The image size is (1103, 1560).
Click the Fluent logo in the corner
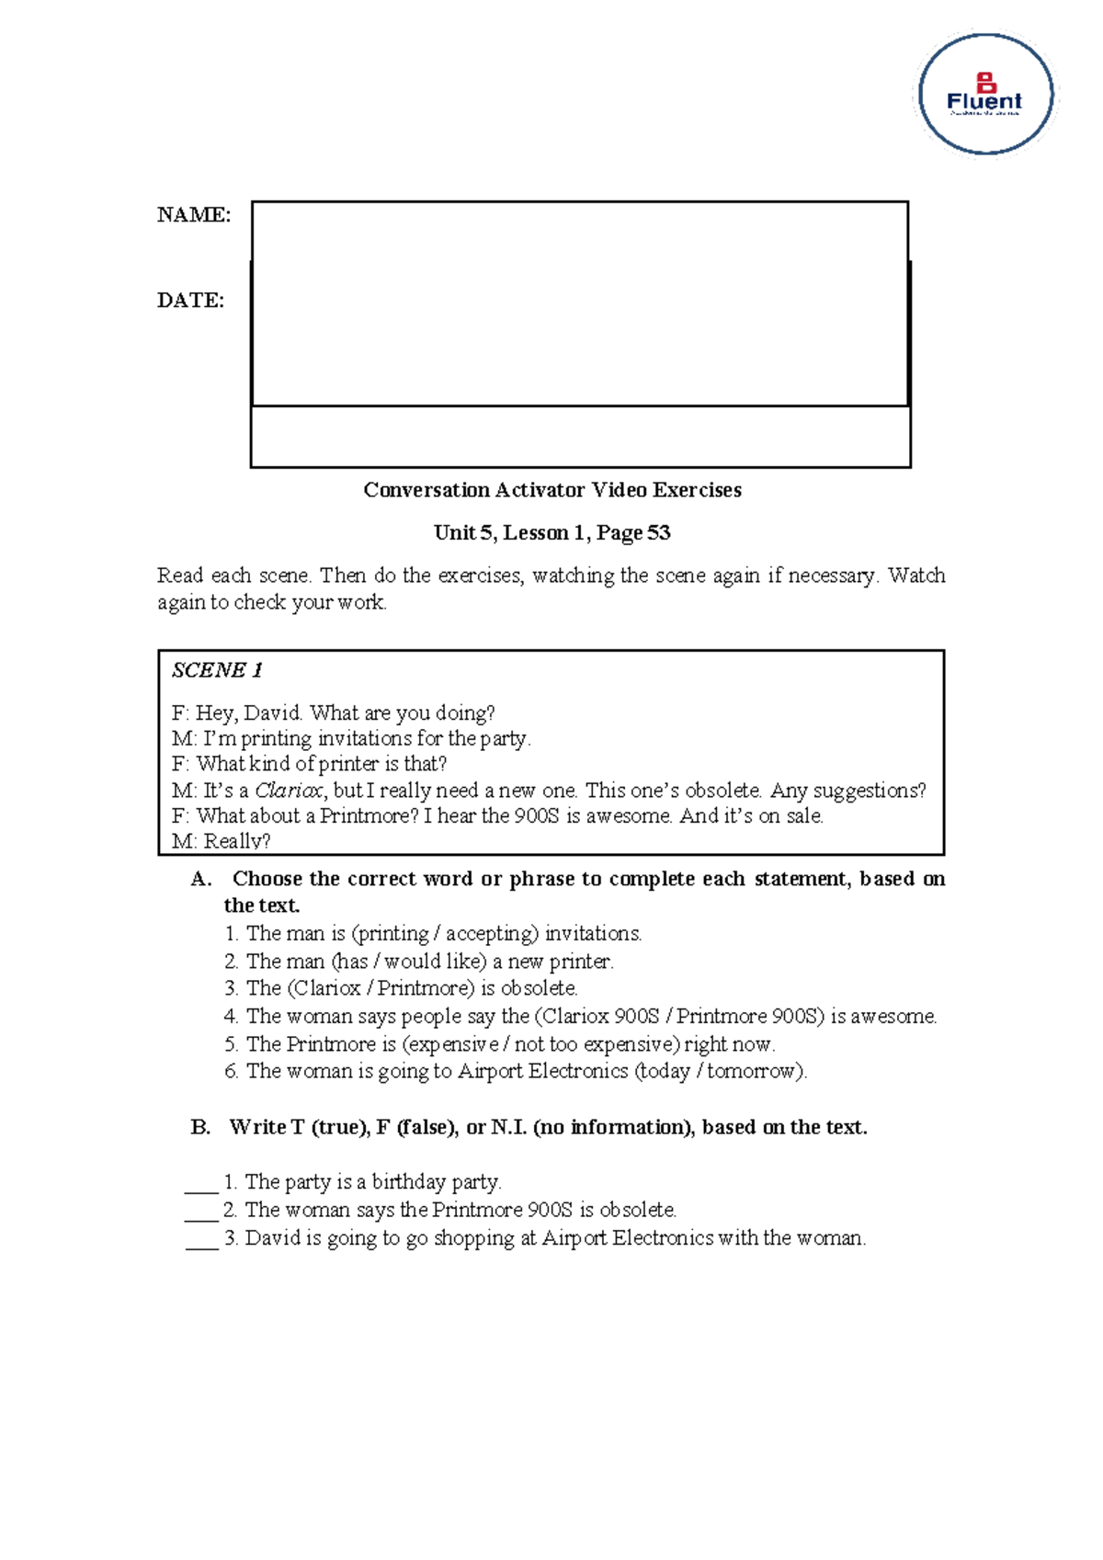985,95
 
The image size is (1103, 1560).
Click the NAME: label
193,215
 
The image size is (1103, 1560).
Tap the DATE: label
190,301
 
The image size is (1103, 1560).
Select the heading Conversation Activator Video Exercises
551,490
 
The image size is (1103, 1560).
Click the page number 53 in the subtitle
658,533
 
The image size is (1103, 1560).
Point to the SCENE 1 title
217,670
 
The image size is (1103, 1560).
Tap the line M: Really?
221,841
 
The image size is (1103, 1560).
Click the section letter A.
200,879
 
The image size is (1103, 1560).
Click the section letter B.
200,1127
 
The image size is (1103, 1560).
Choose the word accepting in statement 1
491,934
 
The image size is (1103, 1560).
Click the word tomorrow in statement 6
753,1071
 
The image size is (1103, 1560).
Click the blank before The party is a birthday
201,1186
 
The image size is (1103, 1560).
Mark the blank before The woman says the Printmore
201,1213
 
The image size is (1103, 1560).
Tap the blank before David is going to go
201,1242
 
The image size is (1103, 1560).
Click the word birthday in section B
408,1182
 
